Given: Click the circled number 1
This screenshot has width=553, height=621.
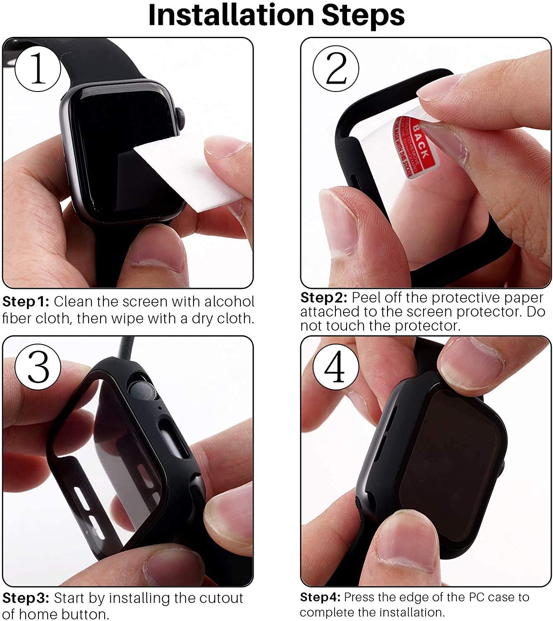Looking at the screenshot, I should pyautogui.click(x=38, y=69).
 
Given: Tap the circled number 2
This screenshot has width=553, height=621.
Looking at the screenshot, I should pyautogui.click(x=336, y=68).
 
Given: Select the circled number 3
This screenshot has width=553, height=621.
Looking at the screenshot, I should pyautogui.click(x=38, y=366).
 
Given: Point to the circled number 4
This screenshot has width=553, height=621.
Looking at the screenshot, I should pyautogui.click(x=335, y=366).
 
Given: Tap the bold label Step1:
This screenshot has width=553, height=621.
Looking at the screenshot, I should pyautogui.click(x=26, y=301).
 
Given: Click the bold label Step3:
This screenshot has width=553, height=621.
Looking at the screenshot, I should pyautogui.click(x=26, y=598).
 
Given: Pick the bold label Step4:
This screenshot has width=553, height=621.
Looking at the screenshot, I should pyautogui.click(x=320, y=597).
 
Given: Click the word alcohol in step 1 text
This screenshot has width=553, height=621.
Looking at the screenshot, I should pyautogui.click(x=229, y=301).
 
